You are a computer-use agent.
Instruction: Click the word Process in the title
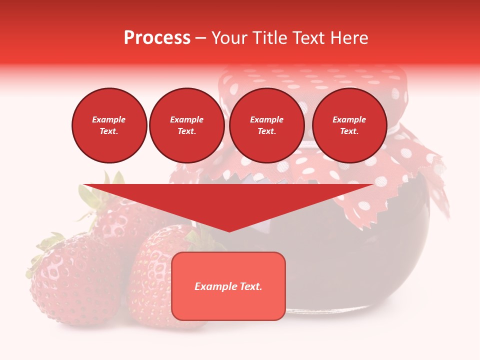(x=157, y=38)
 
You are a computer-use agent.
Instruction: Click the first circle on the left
(x=109, y=125)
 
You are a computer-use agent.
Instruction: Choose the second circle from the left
(x=186, y=125)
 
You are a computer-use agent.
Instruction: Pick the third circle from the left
(x=266, y=125)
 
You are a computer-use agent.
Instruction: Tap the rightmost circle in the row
(x=349, y=125)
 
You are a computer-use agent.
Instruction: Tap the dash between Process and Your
(x=200, y=38)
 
